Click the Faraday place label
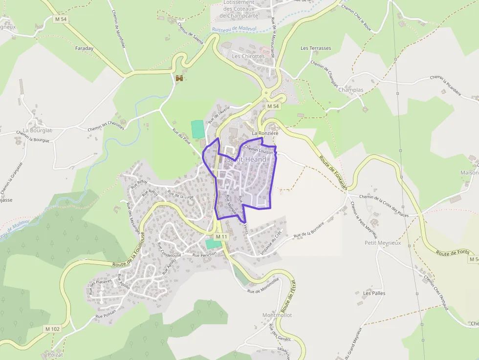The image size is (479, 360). (84, 48)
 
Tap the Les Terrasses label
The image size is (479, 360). (316, 48)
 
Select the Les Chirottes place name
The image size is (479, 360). (248, 56)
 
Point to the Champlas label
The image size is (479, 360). (351, 90)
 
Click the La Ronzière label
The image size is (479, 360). (265, 133)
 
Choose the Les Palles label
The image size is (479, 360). (374, 293)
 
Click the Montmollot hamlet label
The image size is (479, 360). (277, 315)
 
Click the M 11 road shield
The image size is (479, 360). (221, 237)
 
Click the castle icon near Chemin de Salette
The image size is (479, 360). (179, 78)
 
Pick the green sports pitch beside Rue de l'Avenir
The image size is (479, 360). (197, 129)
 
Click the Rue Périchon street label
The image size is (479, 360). (204, 255)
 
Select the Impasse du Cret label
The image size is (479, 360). (272, 242)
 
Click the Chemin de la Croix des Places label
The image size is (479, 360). (384, 205)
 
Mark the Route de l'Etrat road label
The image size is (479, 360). (287, 296)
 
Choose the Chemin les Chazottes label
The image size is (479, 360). (106, 126)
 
